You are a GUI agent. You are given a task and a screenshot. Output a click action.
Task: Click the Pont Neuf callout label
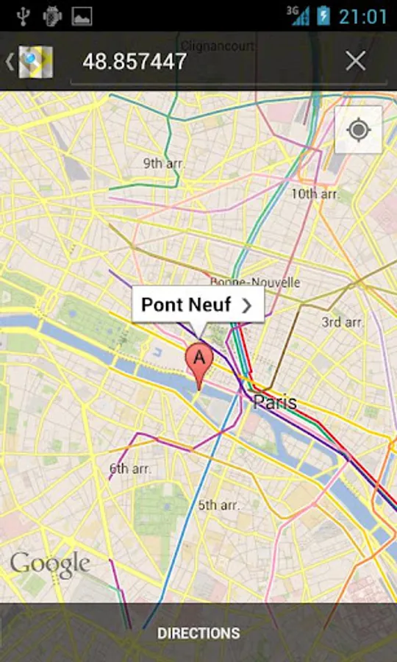click(186, 305)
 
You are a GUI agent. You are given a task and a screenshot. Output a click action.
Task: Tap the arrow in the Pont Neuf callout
click(247, 305)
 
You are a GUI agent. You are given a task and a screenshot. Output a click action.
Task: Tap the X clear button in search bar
click(355, 61)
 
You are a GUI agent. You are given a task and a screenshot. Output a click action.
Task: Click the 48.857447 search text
click(135, 62)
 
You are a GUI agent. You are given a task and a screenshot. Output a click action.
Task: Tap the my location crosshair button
click(358, 130)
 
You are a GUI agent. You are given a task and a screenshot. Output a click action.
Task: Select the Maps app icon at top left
click(35, 62)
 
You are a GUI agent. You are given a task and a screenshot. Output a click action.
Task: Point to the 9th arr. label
click(163, 163)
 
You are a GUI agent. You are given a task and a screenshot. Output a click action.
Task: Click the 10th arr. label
click(315, 194)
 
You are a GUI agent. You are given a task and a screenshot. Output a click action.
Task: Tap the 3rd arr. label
click(343, 322)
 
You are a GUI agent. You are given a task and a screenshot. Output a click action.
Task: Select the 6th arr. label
click(129, 468)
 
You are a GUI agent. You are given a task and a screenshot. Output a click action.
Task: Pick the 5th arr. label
click(218, 505)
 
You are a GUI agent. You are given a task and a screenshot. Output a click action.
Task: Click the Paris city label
click(275, 402)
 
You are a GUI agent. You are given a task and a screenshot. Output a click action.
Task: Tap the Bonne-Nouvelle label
click(255, 282)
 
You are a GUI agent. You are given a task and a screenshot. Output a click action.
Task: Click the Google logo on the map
click(50, 564)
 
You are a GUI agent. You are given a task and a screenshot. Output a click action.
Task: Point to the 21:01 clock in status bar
click(362, 16)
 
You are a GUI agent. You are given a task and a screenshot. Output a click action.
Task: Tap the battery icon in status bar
click(323, 16)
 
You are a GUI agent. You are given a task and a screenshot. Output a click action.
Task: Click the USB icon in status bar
click(22, 15)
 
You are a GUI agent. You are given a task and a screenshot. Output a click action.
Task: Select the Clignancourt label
click(218, 46)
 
